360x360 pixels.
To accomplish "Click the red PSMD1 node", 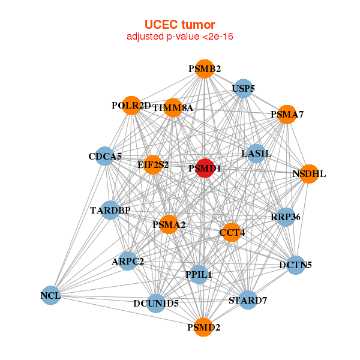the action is pyautogui.click(x=205, y=168).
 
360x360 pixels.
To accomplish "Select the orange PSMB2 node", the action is pyautogui.click(x=204, y=69).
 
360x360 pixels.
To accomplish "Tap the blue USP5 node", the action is pyautogui.click(x=243, y=89).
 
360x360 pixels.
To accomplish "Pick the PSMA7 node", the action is pyautogui.click(x=287, y=114).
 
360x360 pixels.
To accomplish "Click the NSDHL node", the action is pyautogui.click(x=308, y=174).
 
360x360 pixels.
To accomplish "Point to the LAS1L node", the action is pyautogui.click(x=256, y=154).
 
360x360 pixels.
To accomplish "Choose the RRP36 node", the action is pyautogui.click(x=286, y=217).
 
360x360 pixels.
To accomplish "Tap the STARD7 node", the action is pyautogui.click(x=248, y=299).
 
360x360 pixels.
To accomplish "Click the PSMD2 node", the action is pyautogui.click(x=203, y=327).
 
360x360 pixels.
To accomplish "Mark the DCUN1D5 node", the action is pyautogui.click(x=156, y=303).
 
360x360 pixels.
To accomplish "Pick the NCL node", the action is pyautogui.click(x=51, y=295).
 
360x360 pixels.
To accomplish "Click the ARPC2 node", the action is pyautogui.click(x=128, y=261).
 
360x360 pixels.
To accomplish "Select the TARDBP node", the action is pyautogui.click(x=110, y=210).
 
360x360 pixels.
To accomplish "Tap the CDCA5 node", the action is pyautogui.click(x=105, y=157).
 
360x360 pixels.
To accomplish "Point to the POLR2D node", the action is pyautogui.click(x=131, y=106).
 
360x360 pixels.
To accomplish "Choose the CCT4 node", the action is pyautogui.click(x=232, y=232).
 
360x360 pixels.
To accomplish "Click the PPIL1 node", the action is pyautogui.click(x=198, y=274).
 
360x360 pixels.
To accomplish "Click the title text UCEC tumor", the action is pyautogui.click(x=179, y=25).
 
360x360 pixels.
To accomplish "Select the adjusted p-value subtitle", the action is pyautogui.click(x=179, y=37).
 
